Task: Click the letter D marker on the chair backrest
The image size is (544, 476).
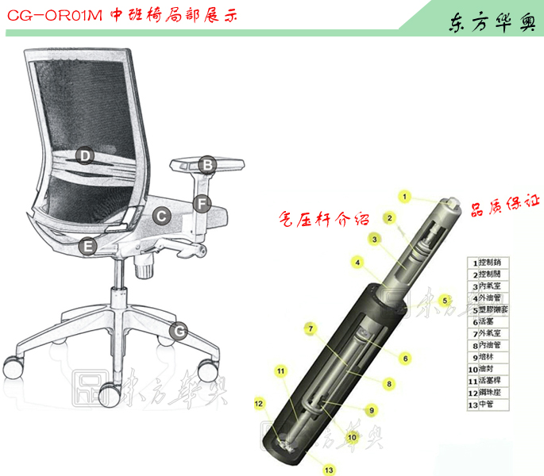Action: click(x=84, y=155)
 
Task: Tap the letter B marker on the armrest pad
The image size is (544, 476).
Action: click(x=206, y=165)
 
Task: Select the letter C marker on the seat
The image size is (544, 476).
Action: click(x=160, y=214)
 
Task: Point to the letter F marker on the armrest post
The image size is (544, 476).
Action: click(x=203, y=203)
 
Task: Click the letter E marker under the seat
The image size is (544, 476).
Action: click(x=89, y=247)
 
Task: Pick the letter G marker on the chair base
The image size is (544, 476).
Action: click(x=181, y=329)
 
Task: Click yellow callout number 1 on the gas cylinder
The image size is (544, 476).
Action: click(x=404, y=196)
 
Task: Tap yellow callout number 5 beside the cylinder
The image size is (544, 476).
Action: click(x=446, y=300)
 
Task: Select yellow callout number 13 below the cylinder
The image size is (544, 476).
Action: click(x=329, y=470)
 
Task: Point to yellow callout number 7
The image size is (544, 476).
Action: click(x=311, y=327)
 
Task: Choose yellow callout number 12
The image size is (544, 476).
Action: click(x=258, y=403)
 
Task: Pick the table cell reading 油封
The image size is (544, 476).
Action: click(x=493, y=370)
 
